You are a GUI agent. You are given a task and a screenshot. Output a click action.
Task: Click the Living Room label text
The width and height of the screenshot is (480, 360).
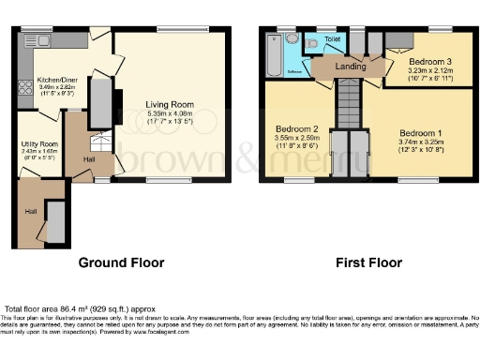(x=169, y=104)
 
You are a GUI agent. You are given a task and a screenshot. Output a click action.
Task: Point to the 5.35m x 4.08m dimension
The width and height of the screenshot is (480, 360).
(x=169, y=112)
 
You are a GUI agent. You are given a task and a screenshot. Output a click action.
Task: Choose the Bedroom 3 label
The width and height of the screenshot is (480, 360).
(x=430, y=60)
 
